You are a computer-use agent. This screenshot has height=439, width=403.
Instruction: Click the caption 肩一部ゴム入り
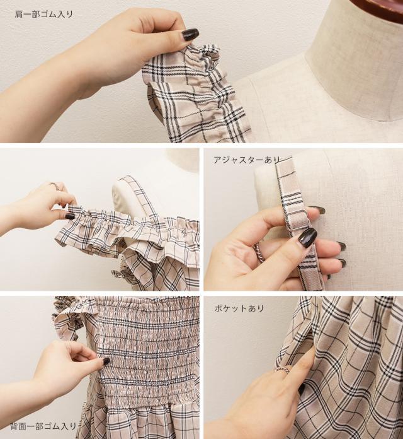[43, 14]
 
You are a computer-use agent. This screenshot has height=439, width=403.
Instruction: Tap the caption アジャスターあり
[247, 160]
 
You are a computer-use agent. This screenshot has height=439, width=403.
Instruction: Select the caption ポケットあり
[239, 308]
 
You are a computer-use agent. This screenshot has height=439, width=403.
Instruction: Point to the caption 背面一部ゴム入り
[43, 426]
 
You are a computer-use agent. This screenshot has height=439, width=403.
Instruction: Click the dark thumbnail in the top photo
[190, 35]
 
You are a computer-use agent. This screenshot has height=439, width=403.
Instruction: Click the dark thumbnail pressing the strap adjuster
[306, 237]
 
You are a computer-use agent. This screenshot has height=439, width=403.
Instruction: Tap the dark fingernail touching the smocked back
[106, 361]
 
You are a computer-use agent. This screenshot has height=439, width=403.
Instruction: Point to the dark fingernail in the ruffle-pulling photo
[70, 216]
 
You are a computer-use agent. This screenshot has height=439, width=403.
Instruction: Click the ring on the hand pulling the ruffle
[54, 185]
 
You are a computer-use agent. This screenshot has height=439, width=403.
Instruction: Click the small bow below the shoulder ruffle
[118, 272]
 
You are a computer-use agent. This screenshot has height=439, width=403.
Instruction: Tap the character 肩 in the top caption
[18, 14]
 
